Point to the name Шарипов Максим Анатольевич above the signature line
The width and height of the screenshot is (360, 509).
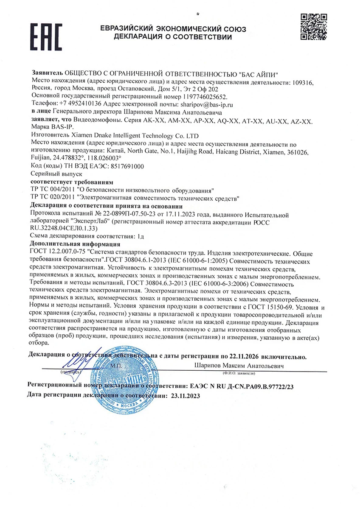coord(239,365)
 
